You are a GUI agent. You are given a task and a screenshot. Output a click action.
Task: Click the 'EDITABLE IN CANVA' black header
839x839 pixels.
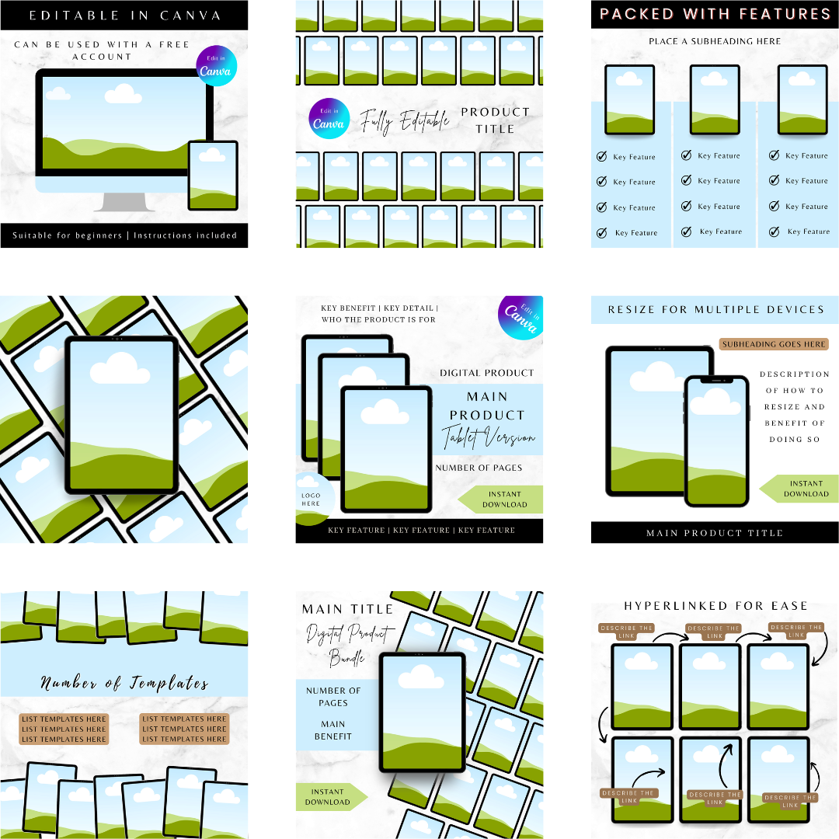pyautogui.click(x=124, y=15)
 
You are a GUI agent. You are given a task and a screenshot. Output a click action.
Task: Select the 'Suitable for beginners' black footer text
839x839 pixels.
pyautogui.click(x=124, y=235)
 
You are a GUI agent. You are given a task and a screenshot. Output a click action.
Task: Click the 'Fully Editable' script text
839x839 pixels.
pyautogui.click(x=404, y=121)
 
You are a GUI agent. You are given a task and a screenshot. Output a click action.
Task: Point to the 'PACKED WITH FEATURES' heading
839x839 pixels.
pyautogui.click(x=715, y=14)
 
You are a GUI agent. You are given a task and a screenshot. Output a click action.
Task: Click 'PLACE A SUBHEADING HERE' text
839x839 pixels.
pyautogui.click(x=715, y=41)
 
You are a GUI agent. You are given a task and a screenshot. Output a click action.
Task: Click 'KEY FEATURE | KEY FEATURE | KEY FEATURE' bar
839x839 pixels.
pyautogui.click(x=421, y=531)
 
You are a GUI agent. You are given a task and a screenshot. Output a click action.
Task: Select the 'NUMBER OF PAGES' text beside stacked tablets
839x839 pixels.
pyautogui.click(x=479, y=468)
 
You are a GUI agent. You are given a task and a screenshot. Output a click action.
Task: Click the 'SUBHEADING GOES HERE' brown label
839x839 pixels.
pyautogui.click(x=774, y=344)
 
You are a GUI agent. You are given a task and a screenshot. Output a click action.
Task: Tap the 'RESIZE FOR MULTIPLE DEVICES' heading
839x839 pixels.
pyautogui.click(x=715, y=309)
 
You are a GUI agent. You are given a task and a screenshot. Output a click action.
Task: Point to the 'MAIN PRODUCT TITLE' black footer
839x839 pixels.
pyautogui.click(x=715, y=533)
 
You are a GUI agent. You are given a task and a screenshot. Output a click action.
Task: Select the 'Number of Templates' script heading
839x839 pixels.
pyautogui.click(x=124, y=684)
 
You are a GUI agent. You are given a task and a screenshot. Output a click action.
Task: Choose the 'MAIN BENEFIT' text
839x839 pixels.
pyautogui.click(x=333, y=730)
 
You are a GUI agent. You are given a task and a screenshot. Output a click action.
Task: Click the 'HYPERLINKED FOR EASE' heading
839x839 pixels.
pyautogui.click(x=715, y=606)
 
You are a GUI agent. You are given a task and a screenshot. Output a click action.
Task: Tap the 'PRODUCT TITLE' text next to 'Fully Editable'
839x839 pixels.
pyautogui.click(x=495, y=120)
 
